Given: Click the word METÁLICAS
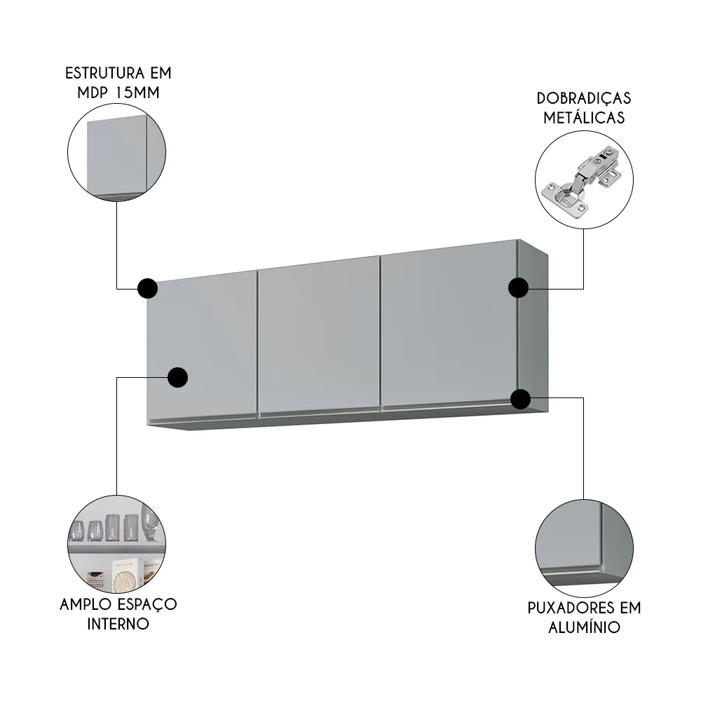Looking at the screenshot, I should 584,118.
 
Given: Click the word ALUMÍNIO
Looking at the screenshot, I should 585,627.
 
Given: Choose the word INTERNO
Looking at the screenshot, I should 118,623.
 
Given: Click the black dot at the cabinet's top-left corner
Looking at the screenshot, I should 147,288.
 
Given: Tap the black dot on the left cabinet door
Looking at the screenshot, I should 178,377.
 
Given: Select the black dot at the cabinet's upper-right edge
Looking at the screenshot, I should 518,288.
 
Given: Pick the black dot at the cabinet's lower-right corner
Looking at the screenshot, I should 519,400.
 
